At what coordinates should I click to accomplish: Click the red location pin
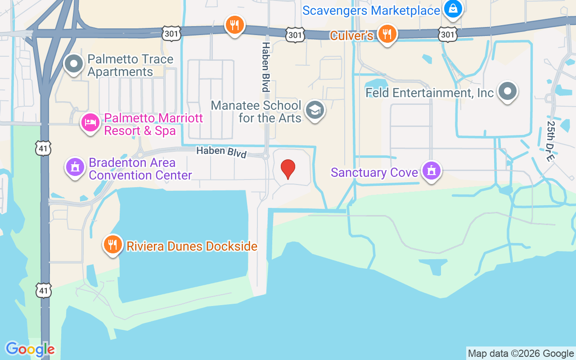[288, 169]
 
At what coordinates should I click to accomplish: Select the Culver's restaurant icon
[387, 34]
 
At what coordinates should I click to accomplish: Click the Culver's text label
[351, 36]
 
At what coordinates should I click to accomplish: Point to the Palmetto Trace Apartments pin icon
[74, 64]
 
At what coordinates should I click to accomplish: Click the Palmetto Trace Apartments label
[130, 66]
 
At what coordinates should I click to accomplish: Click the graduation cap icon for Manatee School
[315, 110]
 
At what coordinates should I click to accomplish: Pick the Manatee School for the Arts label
[256, 112]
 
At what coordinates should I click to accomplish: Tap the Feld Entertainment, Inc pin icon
[508, 91]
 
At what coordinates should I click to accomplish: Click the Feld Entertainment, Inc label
[430, 93]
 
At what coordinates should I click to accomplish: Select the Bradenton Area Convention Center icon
[75, 167]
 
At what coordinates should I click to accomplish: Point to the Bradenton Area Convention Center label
[140, 169]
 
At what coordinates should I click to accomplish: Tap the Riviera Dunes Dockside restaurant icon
[112, 244]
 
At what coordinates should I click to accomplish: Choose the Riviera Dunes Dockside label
[192, 246]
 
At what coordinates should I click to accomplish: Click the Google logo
[30, 349]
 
